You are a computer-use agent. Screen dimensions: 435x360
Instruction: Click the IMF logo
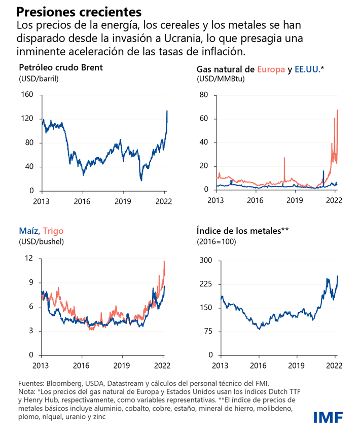(328, 417)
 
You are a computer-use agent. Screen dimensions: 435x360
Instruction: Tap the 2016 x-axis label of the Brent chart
(82, 201)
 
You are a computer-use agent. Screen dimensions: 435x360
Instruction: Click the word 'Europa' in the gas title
(271, 69)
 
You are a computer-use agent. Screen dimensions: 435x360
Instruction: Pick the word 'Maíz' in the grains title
(28, 231)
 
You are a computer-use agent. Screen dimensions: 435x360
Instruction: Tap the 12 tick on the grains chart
(29, 259)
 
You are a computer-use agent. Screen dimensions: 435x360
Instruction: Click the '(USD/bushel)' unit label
(42, 242)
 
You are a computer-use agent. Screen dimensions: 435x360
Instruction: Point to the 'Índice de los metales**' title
(242, 231)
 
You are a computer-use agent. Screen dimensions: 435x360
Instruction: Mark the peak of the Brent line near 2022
(167, 111)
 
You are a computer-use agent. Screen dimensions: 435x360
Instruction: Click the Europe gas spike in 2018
(284, 158)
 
